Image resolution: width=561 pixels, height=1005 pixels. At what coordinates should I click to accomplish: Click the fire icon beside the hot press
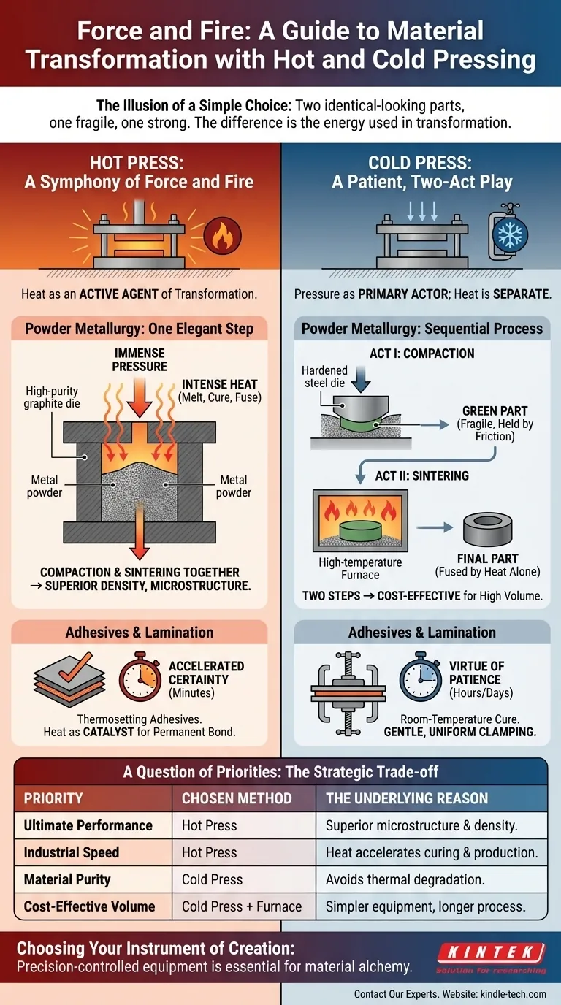pyautogui.click(x=222, y=235)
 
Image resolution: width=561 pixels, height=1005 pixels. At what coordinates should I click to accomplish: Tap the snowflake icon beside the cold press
pyautogui.click(x=509, y=234)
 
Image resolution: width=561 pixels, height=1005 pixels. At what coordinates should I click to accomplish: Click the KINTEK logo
pyautogui.click(x=492, y=958)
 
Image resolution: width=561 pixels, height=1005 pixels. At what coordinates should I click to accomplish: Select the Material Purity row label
pyautogui.click(x=67, y=880)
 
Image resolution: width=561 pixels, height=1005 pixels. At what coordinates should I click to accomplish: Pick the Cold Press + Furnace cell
pyautogui.click(x=242, y=906)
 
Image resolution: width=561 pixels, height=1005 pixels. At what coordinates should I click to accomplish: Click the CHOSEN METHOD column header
pyautogui.click(x=237, y=798)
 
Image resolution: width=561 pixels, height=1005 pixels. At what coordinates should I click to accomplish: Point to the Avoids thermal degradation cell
pyautogui.click(x=405, y=880)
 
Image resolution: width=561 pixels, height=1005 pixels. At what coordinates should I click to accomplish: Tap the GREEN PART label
pyautogui.click(x=495, y=411)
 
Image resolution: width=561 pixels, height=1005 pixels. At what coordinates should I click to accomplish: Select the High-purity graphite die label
pyautogui.click(x=52, y=397)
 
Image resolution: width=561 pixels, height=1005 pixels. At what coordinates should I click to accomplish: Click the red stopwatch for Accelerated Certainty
pyautogui.click(x=140, y=678)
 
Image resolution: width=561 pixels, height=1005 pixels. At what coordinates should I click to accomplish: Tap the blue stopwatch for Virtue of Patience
pyautogui.click(x=421, y=678)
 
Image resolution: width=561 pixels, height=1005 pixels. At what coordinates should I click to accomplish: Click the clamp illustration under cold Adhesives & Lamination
pyautogui.click(x=348, y=694)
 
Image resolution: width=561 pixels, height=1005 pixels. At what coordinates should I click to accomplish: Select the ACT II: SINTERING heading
pyautogui.click(x=422, y=475)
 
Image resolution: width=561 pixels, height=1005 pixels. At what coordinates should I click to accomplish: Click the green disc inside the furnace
pyautogui.click(x=360, y=530)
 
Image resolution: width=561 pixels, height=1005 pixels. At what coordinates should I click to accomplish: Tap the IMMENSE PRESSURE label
pyautogui.click(x=140, y=360)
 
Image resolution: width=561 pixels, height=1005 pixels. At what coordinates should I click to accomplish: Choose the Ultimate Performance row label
pyautogui.click(x=88, y=825)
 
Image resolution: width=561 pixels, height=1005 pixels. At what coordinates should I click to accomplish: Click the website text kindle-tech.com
pyautogui.click(x=513, y=994)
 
